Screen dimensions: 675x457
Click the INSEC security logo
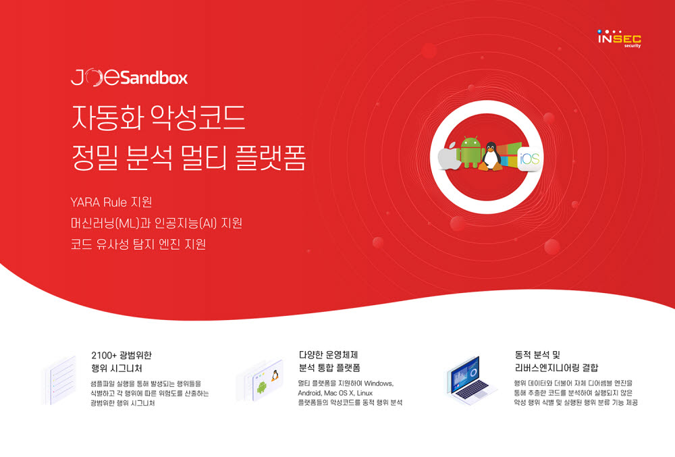pyautogui.click(x=619, y=38)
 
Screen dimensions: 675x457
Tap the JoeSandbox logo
pyautogui.click(x=129, y=77)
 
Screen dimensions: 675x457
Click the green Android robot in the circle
pyautogui.click(x=470, y=152)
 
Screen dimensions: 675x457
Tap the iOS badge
pyautogui.click(x=529, y=159)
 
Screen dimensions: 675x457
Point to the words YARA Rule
pyautogui.click(x=99, y=203)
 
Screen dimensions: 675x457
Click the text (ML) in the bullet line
pyautogui.click(x=128, y=223)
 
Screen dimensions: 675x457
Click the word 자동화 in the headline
pyautogui.click(x=107, y=117)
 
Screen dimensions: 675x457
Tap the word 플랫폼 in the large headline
pyautogui.click(x=271, y=157)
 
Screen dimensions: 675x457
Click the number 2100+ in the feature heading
pyautogui.click(x=104, y=356)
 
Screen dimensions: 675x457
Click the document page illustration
pyautogui.click(x=60, y=381)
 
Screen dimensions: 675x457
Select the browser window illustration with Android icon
pyautogui.click(x=260, y=381)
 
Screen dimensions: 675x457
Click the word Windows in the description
pyautogui.click(x=379, y=383)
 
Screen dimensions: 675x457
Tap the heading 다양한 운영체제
pyautogui.click(x=328, y=355)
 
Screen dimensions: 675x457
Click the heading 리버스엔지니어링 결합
pyautogui.click(x=556, y=368)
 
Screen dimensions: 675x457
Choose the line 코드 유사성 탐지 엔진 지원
pyautogui.click(x=138, y=244)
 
